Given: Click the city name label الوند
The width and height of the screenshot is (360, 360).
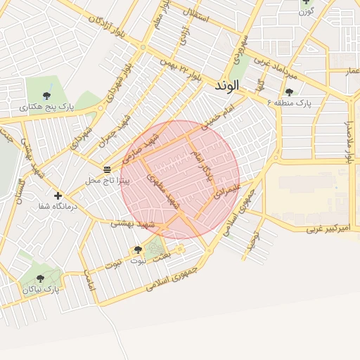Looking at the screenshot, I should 224,85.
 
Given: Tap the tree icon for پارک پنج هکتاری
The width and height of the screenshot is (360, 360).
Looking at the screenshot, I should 46,95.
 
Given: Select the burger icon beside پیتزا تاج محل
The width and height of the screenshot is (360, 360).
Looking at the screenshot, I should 107,169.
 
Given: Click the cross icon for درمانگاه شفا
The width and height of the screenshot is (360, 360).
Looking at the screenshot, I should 58,195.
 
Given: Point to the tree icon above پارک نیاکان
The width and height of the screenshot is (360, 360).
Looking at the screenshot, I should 40,278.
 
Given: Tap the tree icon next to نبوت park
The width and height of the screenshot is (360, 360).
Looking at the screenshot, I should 137,250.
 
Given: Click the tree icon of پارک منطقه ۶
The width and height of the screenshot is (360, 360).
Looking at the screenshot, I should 289,92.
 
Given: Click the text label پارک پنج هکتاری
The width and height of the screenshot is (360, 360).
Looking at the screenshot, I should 46,107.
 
